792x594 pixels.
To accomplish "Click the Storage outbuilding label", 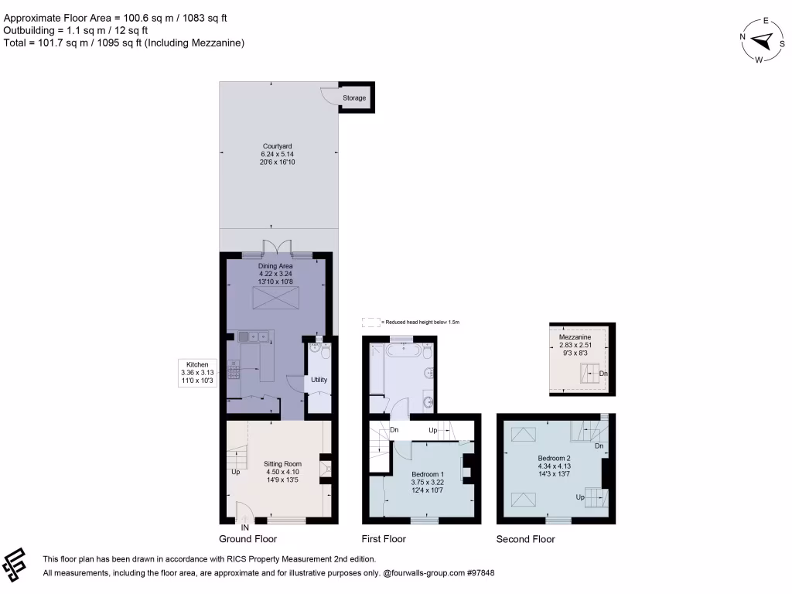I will (x=354, y=98).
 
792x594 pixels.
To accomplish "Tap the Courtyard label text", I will (x=277, y=146).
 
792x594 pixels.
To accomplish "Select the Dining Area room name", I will (x=277, y=265).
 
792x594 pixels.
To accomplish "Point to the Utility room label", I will (x=319, y=380).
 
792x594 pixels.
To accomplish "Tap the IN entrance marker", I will (x=245, y=527).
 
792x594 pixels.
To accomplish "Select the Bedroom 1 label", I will (x=428, y=474).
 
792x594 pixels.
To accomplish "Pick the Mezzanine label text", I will (x=575, y=338).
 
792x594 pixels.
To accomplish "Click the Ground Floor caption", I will (x=247, y=539).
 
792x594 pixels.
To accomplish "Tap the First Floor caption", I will (x=384, y=539).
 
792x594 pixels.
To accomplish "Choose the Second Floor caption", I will (x=525, y=539).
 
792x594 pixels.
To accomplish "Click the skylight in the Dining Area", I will (x=275, y=295).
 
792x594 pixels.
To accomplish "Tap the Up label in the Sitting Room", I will (x=234, y=471).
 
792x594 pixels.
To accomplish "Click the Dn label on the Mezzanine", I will (x=603, y=374).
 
